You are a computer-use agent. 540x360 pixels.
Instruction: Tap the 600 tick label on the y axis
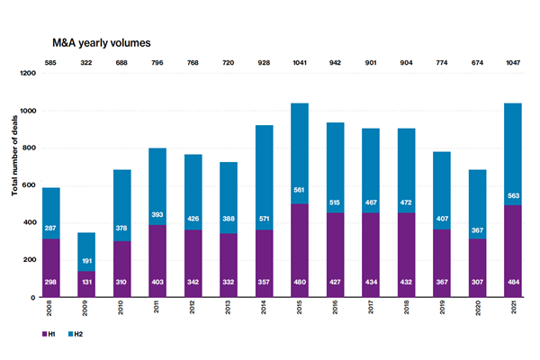tap(37, 185)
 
